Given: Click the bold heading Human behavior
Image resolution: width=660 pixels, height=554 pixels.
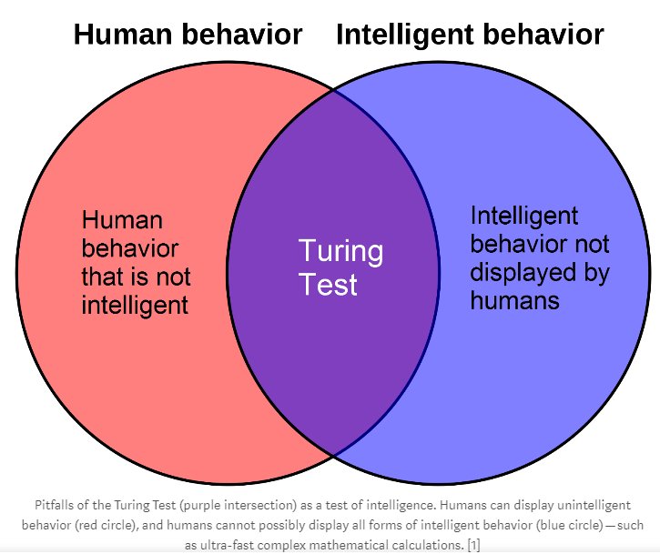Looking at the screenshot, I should point(188,35).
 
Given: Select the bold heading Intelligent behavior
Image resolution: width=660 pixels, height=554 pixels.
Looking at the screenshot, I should point(470,35).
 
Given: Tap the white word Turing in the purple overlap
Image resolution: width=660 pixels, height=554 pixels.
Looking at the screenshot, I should point(341,251).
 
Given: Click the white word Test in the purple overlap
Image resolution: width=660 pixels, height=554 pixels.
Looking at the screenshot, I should point(329,285).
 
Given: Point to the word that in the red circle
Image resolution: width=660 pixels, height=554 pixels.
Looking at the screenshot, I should point(107,276).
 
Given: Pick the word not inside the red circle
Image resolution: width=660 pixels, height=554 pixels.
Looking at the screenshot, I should point(171,276).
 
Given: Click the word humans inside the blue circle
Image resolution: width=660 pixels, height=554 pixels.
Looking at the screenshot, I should point(515,299).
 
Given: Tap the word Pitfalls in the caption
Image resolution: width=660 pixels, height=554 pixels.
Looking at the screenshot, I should point(56,504).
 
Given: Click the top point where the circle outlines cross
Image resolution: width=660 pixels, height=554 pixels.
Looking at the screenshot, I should point(333,90).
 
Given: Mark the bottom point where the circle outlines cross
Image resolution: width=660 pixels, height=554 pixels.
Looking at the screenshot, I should point(333,454).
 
